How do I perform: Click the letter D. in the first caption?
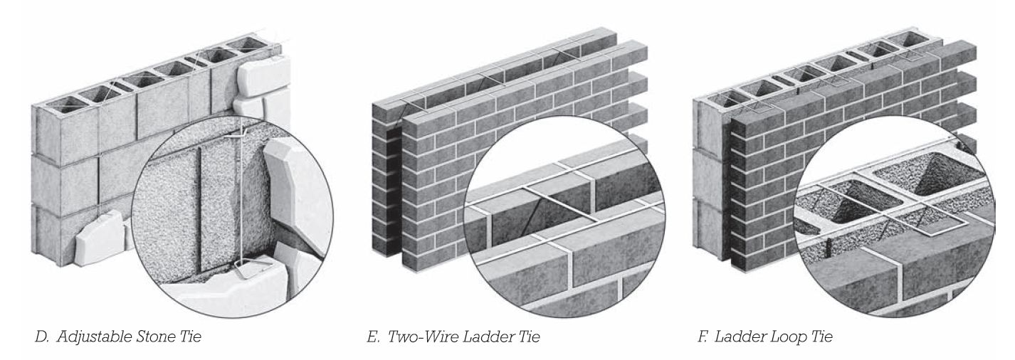[42, 337]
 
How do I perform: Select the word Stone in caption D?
[157, 337]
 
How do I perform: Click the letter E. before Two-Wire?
[373, 337]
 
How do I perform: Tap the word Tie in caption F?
[822, 337]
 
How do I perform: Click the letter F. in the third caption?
[703, 337]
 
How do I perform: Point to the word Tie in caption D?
[191, 337]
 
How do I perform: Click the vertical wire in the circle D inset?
[243, 199]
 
